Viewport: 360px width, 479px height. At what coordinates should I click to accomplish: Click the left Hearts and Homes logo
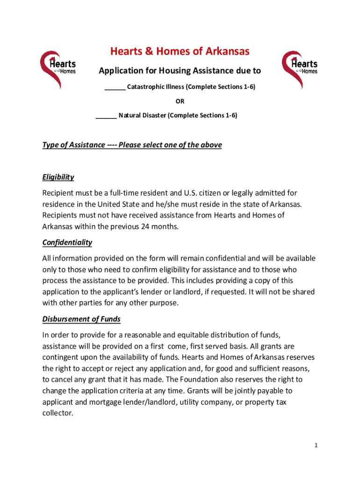(x=58, y=69)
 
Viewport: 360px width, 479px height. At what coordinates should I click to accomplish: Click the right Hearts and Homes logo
(x=299, y=69)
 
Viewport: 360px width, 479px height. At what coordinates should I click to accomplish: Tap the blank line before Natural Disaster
(x=106, y=115)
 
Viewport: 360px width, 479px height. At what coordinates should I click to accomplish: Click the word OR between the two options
(x=180, y=101)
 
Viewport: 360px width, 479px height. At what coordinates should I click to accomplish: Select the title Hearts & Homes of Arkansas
(x=180, y=51)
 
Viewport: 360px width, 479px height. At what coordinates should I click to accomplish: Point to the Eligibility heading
(x=58, y=177)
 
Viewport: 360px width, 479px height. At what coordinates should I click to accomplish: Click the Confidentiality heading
(x=67, y=242)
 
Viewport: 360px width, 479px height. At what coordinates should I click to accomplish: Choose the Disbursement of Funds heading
(x=81, y=319)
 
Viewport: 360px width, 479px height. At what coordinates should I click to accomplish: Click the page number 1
(x=316, y=446)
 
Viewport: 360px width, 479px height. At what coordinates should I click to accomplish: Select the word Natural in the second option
(x=130, y=115)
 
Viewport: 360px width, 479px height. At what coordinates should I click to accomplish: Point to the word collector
(x=58, y=413)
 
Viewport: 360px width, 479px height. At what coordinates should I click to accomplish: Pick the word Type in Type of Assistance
(x=50, y=145)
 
